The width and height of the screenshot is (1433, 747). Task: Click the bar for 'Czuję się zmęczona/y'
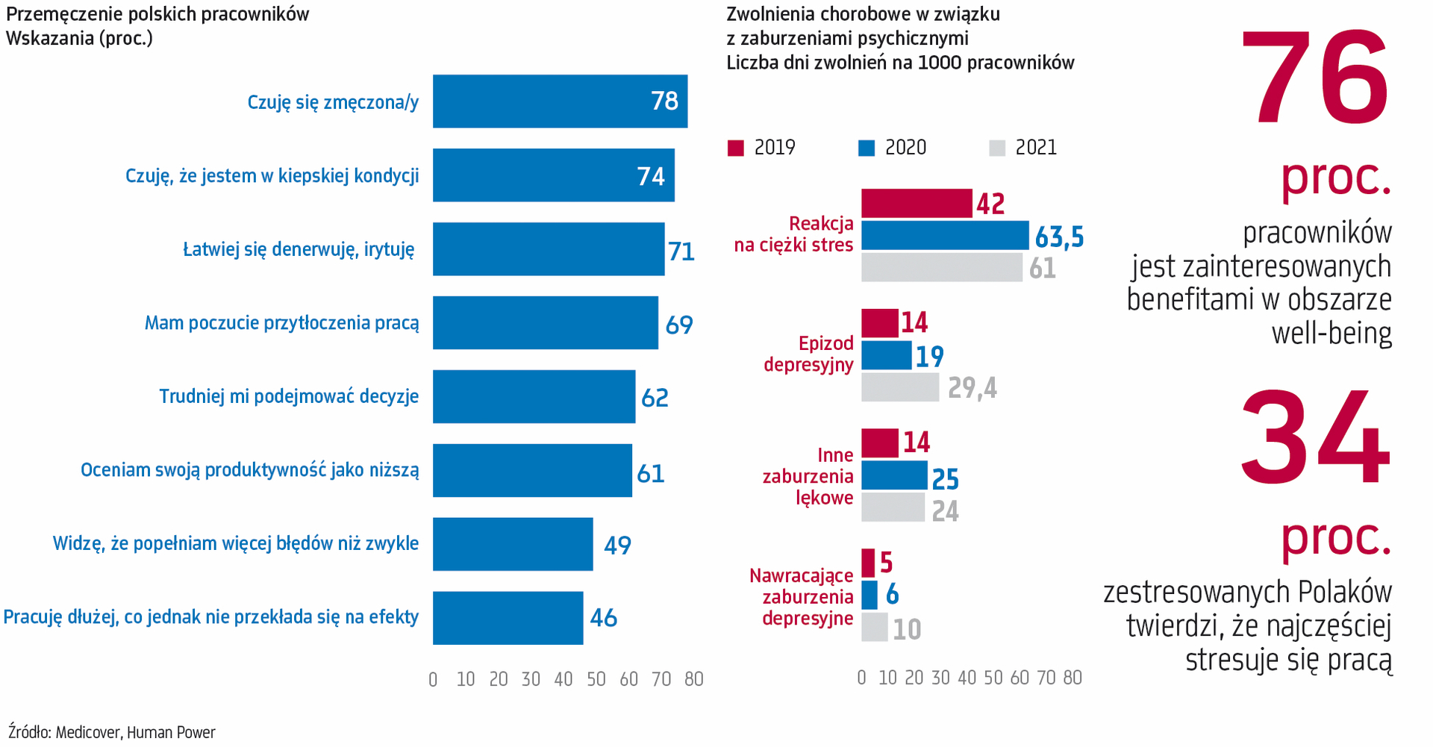tap(560, 101)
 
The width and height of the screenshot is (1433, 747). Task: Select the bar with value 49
tap(513, 545)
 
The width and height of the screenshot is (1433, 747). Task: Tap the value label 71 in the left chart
tap(681, 251)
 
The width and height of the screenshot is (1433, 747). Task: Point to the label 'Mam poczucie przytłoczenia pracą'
tap(281, 323)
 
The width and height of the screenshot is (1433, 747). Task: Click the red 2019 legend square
tap(736, 148)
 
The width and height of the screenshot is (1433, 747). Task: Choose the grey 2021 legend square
tap(997, 148)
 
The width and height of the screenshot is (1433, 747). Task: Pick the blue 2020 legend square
tap(867, 148)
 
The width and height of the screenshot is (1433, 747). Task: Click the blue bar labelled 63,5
tap(945, 236)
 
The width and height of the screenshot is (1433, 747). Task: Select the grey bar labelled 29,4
tap(900, 387)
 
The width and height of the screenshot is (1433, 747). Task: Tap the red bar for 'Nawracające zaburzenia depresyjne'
tap(868, 563)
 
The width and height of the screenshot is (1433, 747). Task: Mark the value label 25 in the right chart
tap(946, 479)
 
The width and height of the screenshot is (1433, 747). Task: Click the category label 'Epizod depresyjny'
tap(808, 354)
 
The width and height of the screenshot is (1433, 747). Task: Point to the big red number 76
tap(1315, 79)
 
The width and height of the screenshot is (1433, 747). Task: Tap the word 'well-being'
tap(1331, 333)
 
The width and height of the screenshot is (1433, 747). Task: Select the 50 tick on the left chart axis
tap(596, 679)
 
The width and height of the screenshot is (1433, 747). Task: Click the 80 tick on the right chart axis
tap(1073, 678)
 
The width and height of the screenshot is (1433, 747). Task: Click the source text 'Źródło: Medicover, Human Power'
tap(112, 732)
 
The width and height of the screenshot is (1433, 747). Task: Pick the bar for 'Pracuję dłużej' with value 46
tap(508, 618)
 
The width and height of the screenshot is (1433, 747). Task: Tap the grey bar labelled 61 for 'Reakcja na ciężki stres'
tap(942, 268)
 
